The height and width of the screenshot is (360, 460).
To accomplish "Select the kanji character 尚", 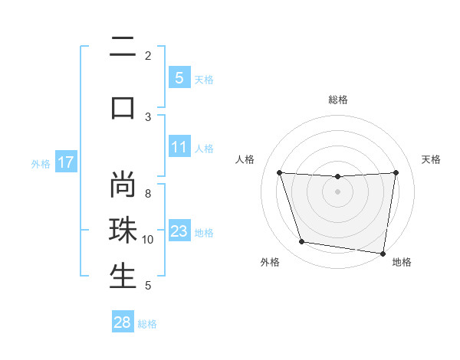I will pos(123,185).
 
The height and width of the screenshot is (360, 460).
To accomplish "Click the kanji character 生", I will pos(123,277).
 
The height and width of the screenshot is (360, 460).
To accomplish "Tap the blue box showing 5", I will pos(179,78).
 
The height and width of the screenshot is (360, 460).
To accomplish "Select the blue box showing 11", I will pos(179,148).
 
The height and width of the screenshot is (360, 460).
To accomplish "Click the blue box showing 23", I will pos(179,231).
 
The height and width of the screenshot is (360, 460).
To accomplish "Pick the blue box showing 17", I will pos(65,162).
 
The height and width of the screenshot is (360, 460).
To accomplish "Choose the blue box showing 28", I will pos(123,322).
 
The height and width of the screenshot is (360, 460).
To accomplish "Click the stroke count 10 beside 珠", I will pos(148,240).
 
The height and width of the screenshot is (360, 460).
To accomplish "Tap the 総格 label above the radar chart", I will pos(337,100).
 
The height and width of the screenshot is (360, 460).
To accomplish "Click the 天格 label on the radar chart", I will pos(432,159).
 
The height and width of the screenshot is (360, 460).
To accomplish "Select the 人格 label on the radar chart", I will pos(245,159).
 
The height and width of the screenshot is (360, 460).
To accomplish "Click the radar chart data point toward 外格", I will pos(302,242).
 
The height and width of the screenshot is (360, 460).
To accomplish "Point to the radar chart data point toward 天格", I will pos(396,172).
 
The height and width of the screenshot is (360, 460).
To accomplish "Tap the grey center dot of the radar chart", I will pos(337,191).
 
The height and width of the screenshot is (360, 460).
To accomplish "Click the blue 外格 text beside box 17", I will pos(41,163).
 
